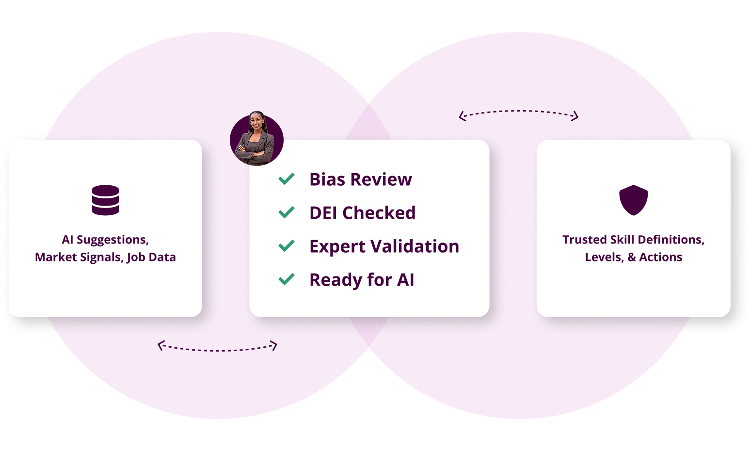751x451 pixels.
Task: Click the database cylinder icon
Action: click(x=105, y=200)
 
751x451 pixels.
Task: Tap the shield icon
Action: click(x=633, y=200)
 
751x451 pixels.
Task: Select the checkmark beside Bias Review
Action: click(x=287, y=179)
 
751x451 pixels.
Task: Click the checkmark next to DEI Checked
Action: click(x=287, y=212)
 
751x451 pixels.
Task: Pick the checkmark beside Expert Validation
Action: click(x=287, y=246)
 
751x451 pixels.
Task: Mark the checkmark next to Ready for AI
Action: click(x=287, y=279)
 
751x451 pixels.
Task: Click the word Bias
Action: click(x=327, y=179)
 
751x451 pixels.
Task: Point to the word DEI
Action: click(x=323, y=212)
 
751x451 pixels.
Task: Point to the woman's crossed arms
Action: click(x=254, y=153)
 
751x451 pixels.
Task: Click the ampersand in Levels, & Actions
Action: click(x=632, y=257)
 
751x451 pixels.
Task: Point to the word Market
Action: click(x=56, y=257)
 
